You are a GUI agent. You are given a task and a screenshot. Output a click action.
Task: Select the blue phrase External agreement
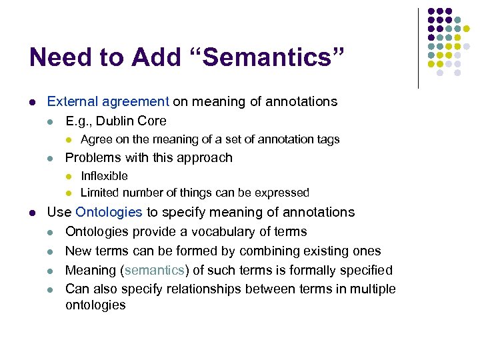point(108,102)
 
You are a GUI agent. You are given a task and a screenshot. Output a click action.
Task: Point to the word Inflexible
point(104,176)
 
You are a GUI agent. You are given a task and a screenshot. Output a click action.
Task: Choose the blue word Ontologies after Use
point(109,213)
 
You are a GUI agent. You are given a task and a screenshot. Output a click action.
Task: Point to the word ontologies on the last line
point(95,305)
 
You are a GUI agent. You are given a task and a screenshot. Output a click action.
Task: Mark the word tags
point(327,139)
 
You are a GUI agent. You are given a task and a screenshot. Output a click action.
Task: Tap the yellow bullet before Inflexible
point(68,177)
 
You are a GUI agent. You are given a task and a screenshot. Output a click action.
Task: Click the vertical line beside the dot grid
point(418,48)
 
